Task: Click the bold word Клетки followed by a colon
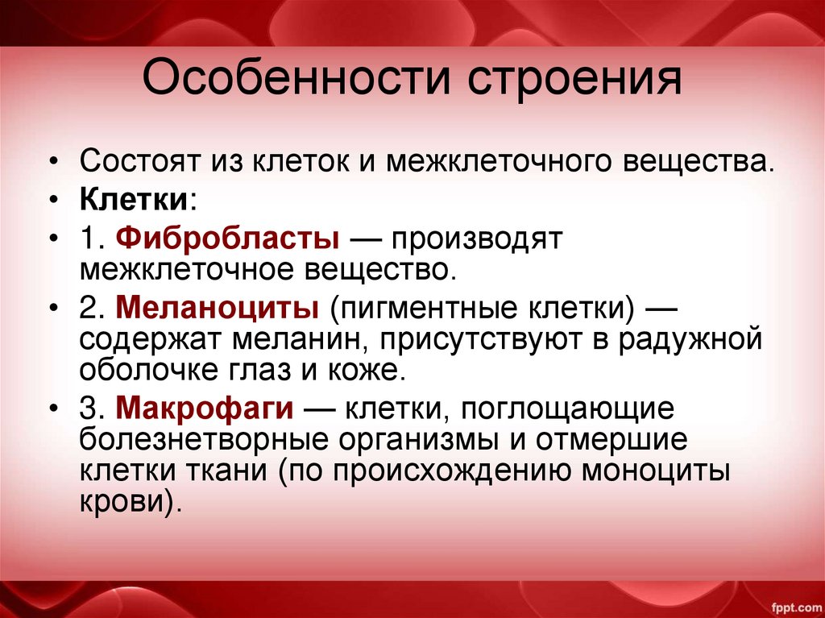click(133, 198)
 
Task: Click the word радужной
click(690, 339)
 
